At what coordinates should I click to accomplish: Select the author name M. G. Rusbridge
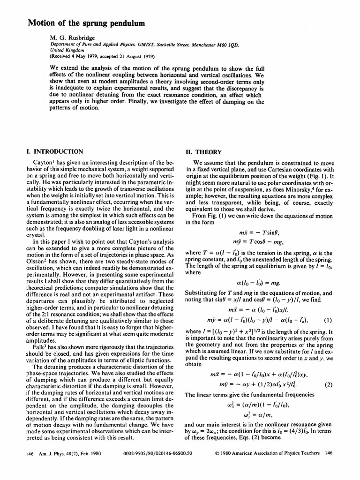(70, 37)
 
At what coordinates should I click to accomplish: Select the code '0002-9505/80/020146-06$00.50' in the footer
(156, 453)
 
